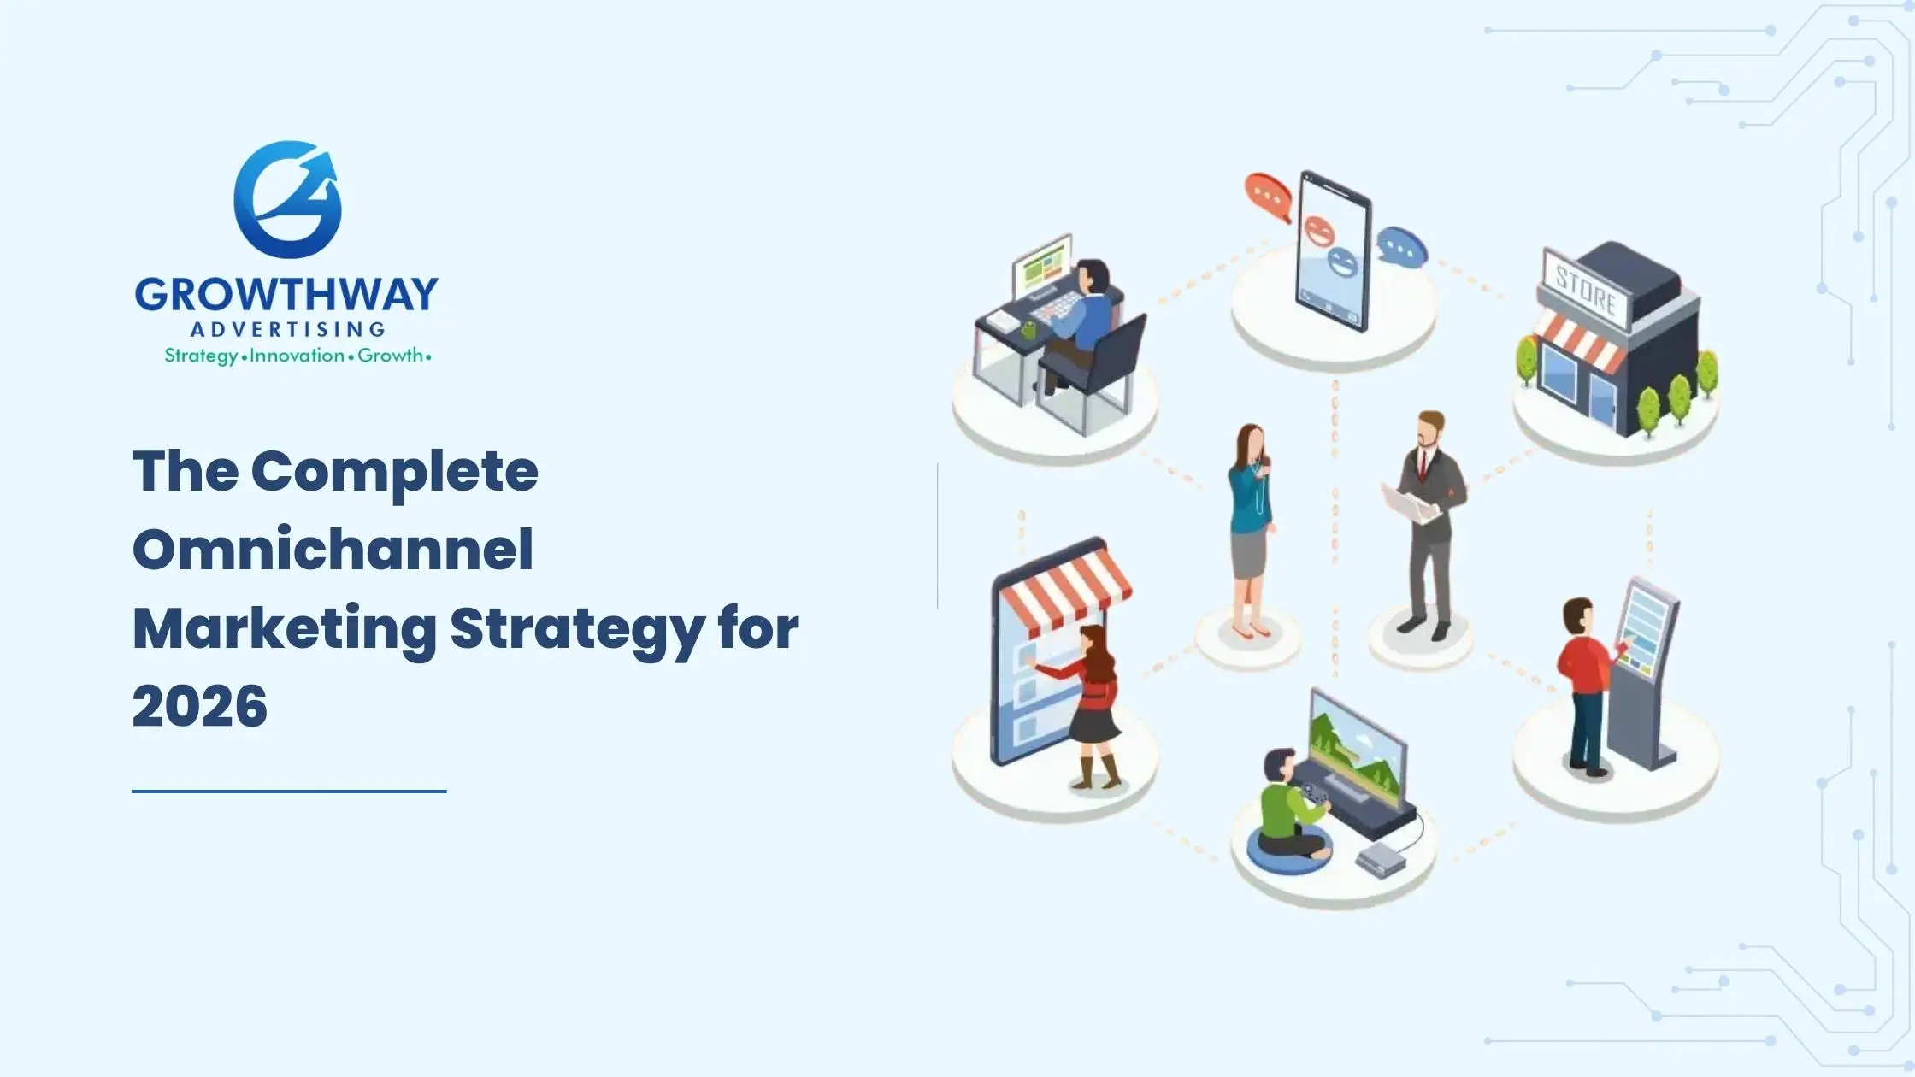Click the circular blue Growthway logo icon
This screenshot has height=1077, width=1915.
coord(287,200)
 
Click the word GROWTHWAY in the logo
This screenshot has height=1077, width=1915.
coord(286,295)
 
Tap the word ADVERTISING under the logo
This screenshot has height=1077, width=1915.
coord(287,329)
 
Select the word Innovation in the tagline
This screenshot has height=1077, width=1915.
coord(297,356)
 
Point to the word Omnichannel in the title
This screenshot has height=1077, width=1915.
coord(333,549)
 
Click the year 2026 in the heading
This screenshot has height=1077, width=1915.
coord(200,706)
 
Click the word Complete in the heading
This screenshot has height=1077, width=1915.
coord(395,471)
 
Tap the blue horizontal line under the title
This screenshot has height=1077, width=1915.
coord(289,792)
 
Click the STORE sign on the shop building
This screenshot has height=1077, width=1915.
coord(1586,288)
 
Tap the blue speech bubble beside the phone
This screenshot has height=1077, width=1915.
coord(1401,248)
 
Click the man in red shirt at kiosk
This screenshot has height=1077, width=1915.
coord(1583,684)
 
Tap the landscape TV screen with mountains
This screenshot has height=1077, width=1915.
coord(1357,752)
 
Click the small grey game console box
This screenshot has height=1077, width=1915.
coord(1379,858)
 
